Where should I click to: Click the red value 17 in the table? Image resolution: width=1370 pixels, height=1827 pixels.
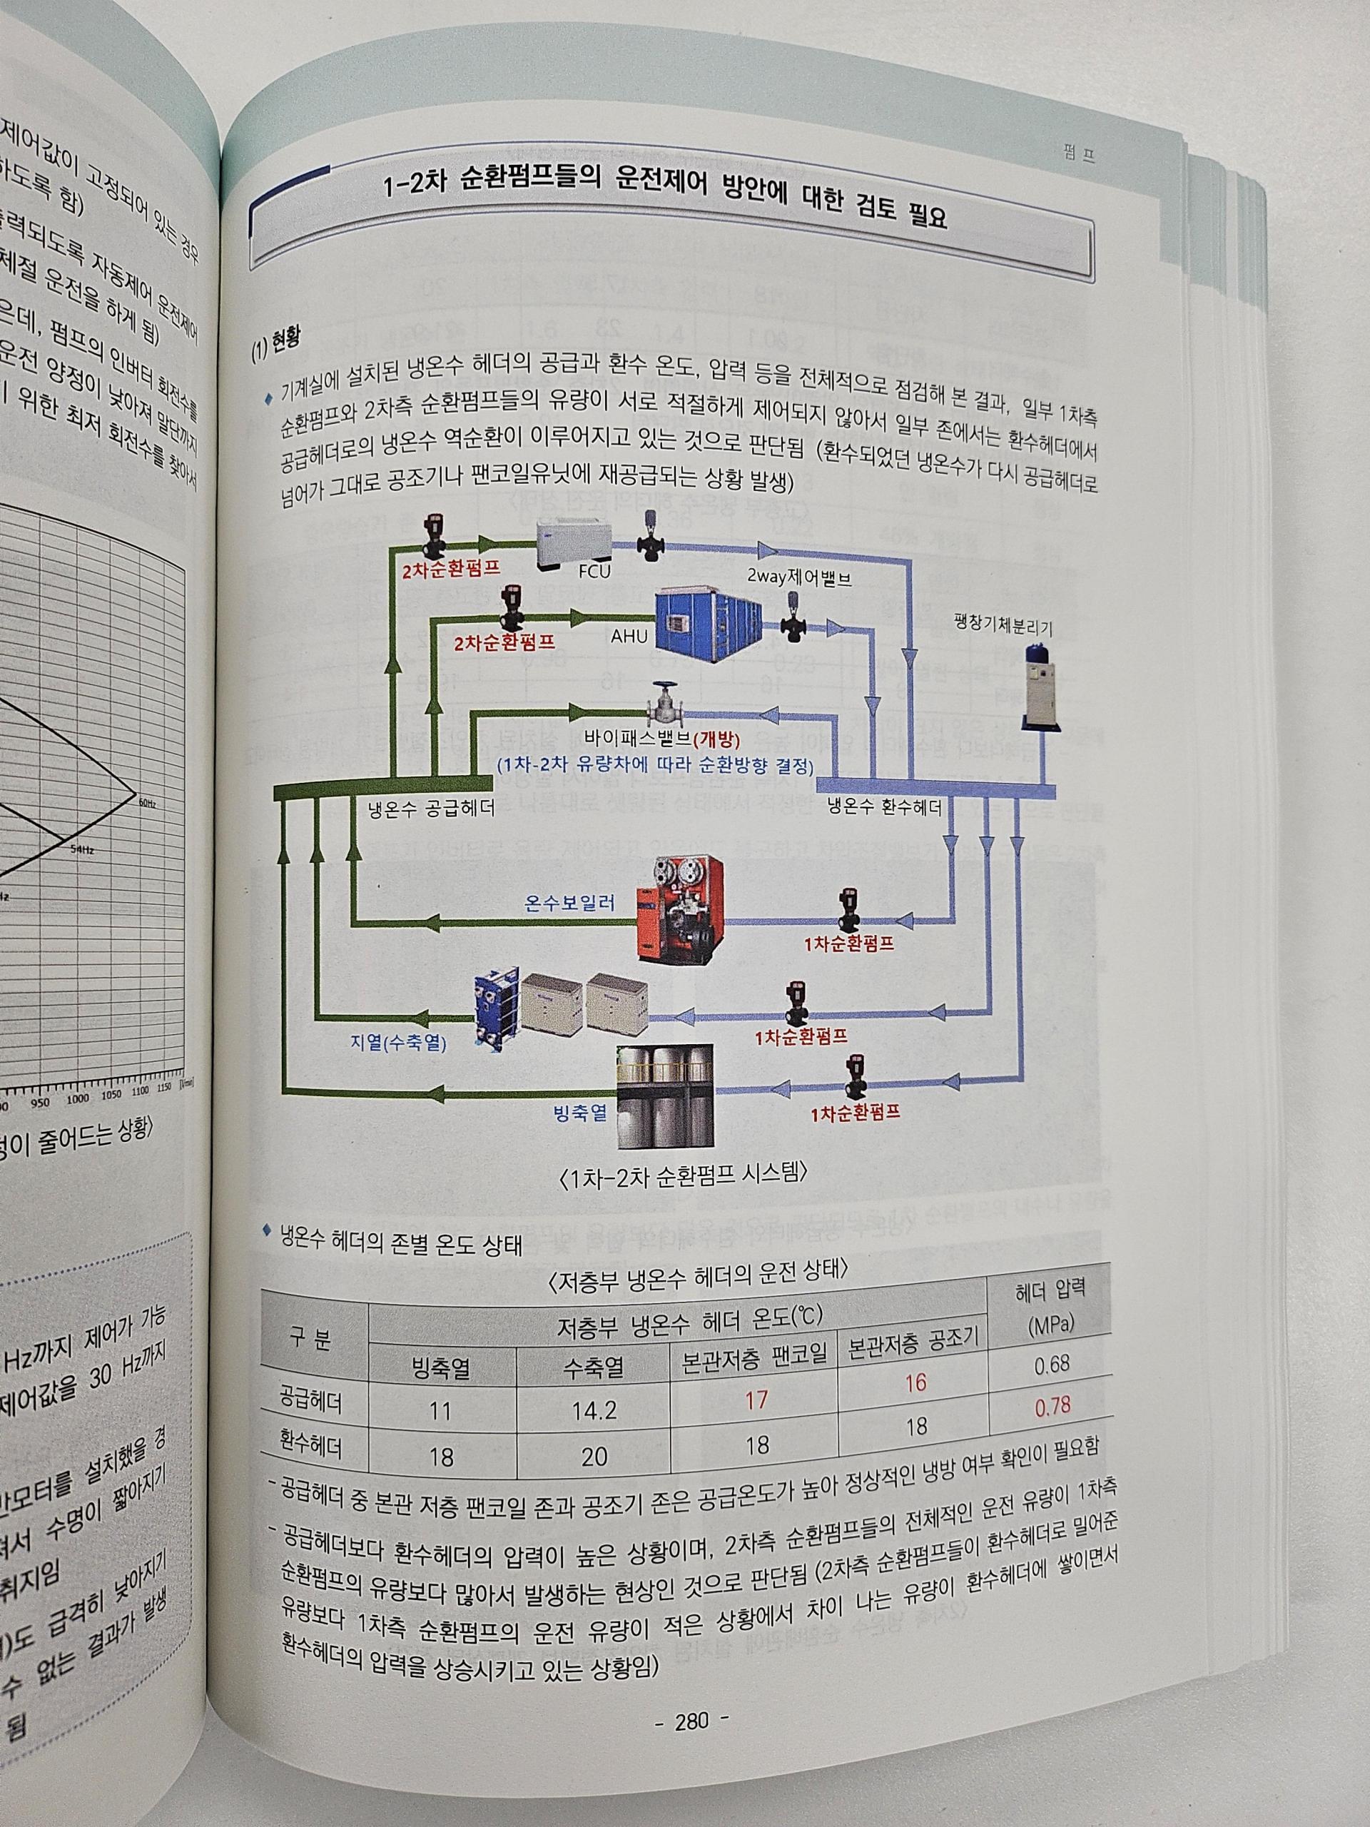click(756, 1400)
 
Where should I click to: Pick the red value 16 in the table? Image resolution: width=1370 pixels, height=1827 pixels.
click(915, 1382)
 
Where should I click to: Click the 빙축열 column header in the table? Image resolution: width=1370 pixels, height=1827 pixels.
click(441, 1369)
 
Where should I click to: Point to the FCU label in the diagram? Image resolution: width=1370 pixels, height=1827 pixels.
click(593, 570)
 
